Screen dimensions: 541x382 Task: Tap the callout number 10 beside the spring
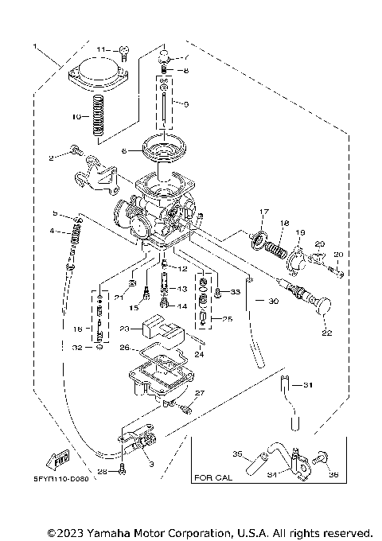[76, 116]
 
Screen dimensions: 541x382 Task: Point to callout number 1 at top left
[34, 46]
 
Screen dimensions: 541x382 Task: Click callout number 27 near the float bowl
[201, 394]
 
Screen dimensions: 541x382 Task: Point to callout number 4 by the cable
[52, 231]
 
